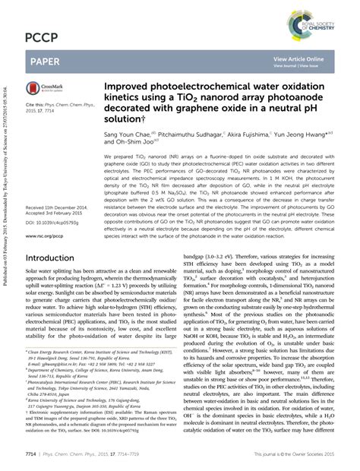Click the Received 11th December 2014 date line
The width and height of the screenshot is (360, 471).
click(60, 207)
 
